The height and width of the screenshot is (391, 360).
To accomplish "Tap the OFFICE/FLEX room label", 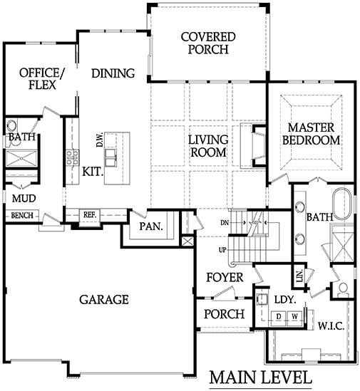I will pos(41,79).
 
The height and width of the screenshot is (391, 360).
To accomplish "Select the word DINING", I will pos(113,73).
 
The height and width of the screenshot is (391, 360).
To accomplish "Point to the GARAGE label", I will pos(104,299).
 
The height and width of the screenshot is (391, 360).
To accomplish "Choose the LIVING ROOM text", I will pos(207,145).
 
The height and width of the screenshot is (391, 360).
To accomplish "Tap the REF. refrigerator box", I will pos(90,214).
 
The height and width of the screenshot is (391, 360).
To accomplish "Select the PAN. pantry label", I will pos(150,227).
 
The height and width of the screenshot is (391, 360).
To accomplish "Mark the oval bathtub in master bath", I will pos(343,205).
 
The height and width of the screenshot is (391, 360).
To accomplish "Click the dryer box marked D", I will pos(280,316).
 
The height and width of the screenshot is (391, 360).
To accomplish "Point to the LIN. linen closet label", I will pos(298,274).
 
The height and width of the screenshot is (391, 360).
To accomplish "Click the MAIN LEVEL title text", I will pos(260,377).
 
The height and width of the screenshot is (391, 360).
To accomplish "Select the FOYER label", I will pos(224,277).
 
